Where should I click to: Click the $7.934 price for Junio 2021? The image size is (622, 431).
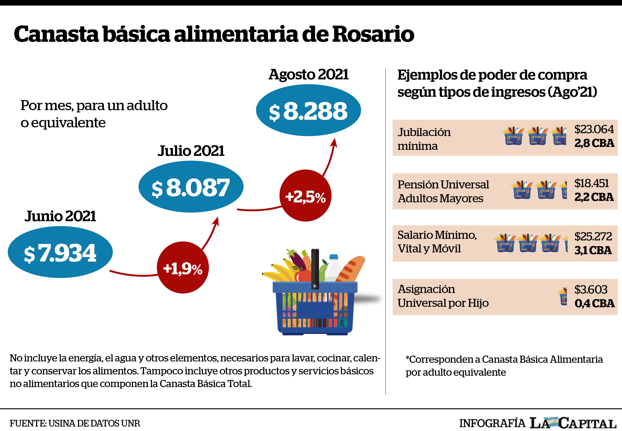coord(60,253)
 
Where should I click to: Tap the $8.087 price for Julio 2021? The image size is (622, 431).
coord(191,188)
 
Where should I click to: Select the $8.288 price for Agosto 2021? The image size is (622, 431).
coord(308,111)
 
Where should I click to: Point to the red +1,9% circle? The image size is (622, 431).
coord(183,267)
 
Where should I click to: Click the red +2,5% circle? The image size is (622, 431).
coord(305,196)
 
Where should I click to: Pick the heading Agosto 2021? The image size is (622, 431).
coord(309,75)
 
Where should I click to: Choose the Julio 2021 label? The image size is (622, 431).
coord(191,151)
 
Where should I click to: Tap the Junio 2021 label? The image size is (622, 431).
coord(60,216)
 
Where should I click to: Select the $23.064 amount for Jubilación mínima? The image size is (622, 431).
coord(594,129)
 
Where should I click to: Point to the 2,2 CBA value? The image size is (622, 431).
coord(594,197)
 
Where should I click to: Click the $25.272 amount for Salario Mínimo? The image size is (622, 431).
coord(593,237)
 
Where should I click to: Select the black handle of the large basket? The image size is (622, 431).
coord(315,269)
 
